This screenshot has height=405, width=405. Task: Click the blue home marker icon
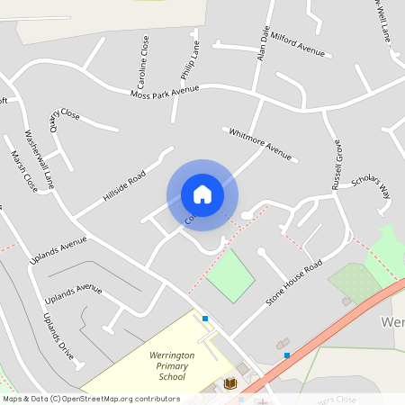coord(202,193)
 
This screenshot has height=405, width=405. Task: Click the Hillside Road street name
coord(123,184)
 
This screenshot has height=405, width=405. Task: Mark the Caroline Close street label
coord(144,61)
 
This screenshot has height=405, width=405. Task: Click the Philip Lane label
coord(191,56)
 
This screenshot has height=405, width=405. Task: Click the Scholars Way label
coord(371,185)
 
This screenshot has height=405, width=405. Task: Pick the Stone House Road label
coord(294,283)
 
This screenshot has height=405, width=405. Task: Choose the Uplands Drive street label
coord(58,337)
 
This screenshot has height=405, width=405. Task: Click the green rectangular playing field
coord(230,274)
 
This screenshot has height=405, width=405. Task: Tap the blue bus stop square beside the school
coord(205,319)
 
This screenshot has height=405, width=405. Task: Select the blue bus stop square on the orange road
coord(286,355)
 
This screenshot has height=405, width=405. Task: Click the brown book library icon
coord(229,384)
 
